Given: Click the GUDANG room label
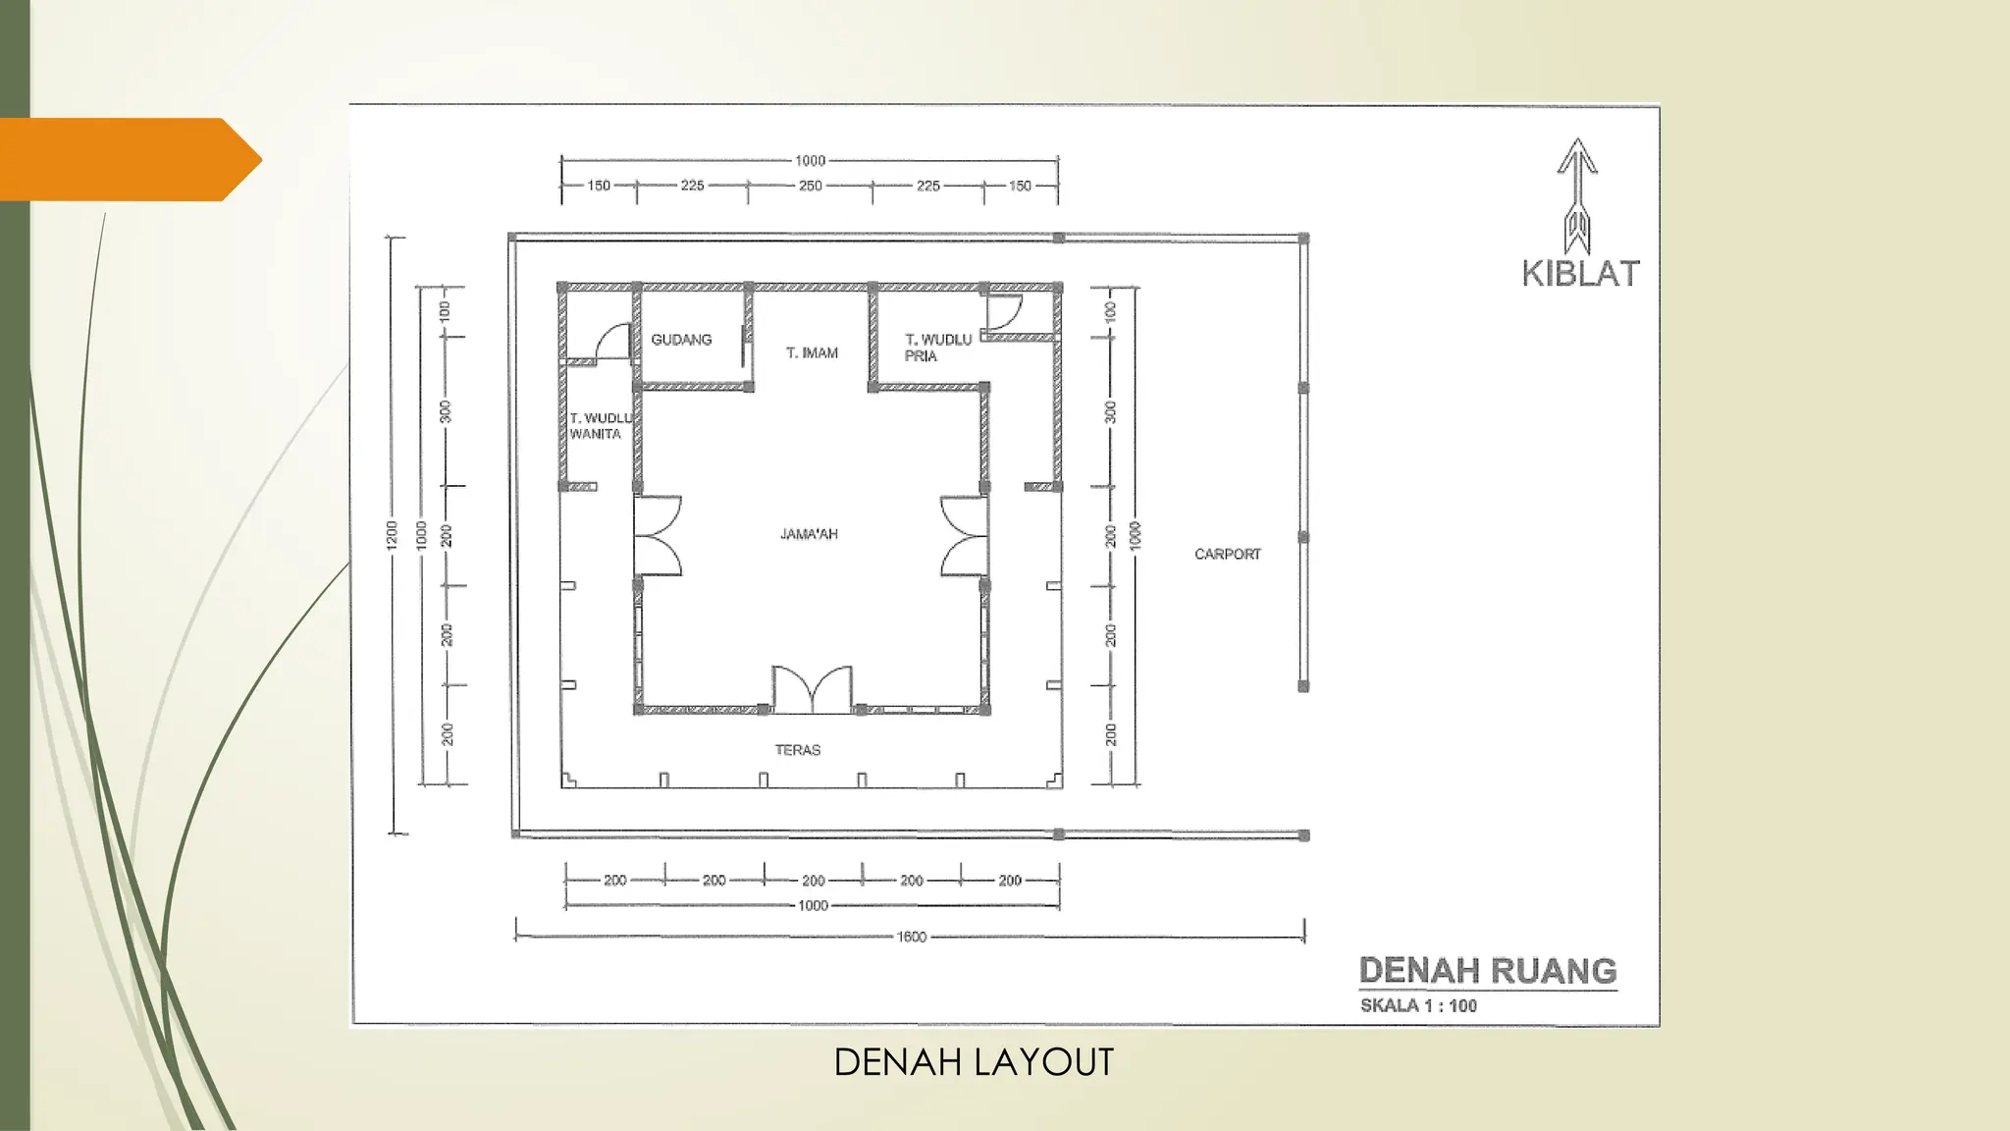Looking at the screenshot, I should pyautogui.click(x=681, y=340).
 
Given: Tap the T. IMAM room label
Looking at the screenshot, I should pyautogui.click(x=812, y=352).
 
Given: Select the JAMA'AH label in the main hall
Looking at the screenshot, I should pyautogui.click(x=809, y=534).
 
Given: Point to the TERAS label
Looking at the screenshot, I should pyautogui.click(x=797, y=750).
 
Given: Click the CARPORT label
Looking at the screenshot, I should pyautogui.click(x=1227, y=554).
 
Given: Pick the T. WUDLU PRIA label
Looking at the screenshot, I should pyautogui.click(x=937, y=348).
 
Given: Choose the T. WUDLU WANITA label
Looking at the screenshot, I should pyautogui.click(x=600, y=426).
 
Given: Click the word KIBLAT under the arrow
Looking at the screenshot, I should pyautogui.click(x=1580, y=274).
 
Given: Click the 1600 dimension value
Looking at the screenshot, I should pyautogui.click(x=911, y=937).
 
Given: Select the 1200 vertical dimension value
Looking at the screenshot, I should pyautogui.click(x=393, y=534).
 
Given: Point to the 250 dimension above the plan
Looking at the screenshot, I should pyautogui.click(x=810, y=186).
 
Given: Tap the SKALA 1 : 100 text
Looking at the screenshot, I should pyautogui.click(x=1418, y=1005).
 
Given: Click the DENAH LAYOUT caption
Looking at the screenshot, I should pyautogui.click(x=974, y=1062).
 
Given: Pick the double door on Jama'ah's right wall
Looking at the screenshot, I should pyautogui.click(x=964, y=535).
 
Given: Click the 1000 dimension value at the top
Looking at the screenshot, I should pyautogui.click(x=810, y=160).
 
